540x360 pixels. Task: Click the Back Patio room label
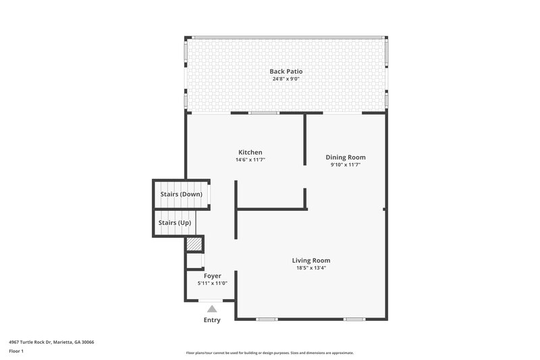click(286, 71)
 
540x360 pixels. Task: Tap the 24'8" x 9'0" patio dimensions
click(286, 79)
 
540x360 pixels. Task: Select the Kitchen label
click(250, 152)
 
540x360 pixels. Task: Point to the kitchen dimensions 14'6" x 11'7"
click(250, 160)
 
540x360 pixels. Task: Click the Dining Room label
click(346, 157)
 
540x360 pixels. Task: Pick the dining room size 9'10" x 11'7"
click(346, 165)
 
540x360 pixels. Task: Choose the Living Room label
click(310, 260)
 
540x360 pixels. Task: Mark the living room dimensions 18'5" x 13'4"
click(310, 268)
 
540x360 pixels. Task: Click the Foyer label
click(212, 276)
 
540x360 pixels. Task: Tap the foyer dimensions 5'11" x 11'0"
click(212, 284)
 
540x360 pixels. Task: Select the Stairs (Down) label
click(181, 195)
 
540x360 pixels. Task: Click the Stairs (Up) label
click(173, 222)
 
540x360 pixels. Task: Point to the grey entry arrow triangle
click(212, 309)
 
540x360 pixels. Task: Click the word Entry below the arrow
click(212, 320)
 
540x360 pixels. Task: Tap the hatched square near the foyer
click(195, 244)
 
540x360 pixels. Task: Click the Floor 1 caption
click(17, 352)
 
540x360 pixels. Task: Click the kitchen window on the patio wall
click(264, 113)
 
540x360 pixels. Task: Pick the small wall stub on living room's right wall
click(384, 209)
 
